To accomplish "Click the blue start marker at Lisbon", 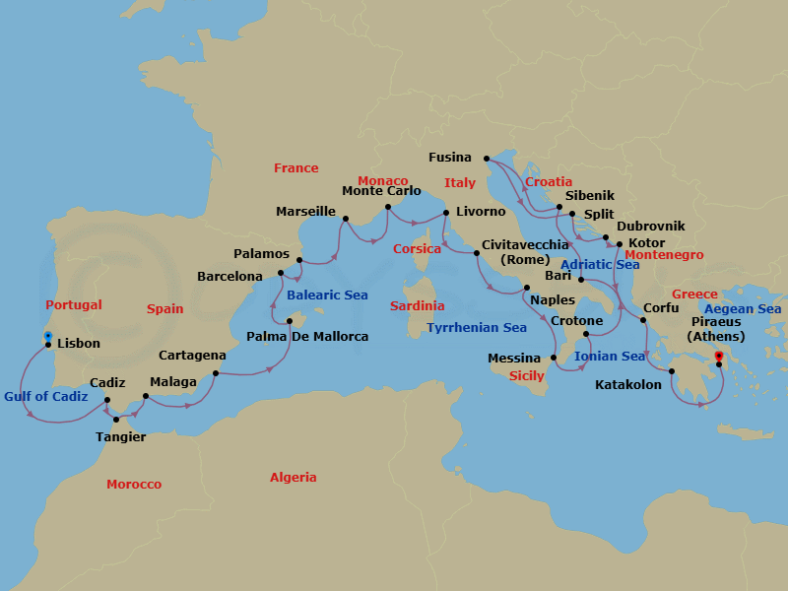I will click(x=47, y=337).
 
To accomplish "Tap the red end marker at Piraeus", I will click(x=718, y=357).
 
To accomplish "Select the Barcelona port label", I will click(x=230, y=277).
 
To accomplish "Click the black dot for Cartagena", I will click(x=216, y=373).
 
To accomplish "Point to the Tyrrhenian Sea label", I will click(x=477, y=328).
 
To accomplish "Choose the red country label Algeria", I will click(x=294, y=478).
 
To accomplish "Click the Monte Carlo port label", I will click(x=381, y=191).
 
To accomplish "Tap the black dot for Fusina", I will click(x=488, y=158).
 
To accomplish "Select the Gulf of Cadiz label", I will click(x=46, y=397).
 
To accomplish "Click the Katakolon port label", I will click(x=628, y=385).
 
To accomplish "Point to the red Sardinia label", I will click(x=418, y=306).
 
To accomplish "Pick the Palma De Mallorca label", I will click(x=307, y=337).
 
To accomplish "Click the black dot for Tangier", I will click(x=116, y=420).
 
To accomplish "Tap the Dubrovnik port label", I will click(x=651, y=227).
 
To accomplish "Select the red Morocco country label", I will click(x=134, y=485).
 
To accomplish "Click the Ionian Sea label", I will click(x=611, y=357).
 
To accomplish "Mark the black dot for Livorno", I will click(x=446, y=213).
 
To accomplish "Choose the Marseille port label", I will click(x=306, y=212).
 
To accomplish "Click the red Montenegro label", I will click(x=665, y=255).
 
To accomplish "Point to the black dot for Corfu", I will click(x=643, y=320).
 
